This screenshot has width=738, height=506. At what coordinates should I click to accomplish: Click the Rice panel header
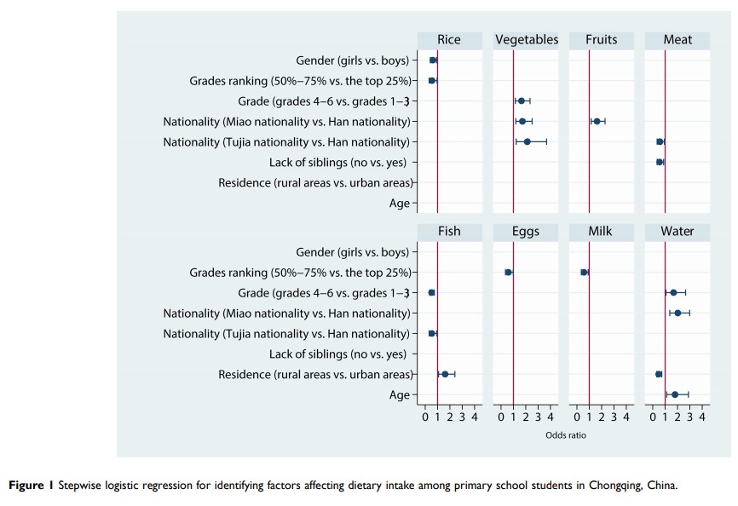(x=449, y=40)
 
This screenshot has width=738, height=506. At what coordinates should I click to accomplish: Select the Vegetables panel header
(x=526, y=40)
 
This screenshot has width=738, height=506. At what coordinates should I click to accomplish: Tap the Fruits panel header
(x=602, y=40)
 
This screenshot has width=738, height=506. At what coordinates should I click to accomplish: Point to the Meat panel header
(x=677, y=40)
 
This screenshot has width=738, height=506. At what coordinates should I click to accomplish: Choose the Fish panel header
(x=449, y=232)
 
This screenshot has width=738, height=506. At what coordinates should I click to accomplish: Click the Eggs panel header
(x=526, y=232)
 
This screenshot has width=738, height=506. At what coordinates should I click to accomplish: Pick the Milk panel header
(x=602, y=232)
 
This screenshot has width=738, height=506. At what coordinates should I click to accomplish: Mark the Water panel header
(x=677, y=232)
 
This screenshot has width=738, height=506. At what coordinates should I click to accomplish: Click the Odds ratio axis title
(x=566, y=435)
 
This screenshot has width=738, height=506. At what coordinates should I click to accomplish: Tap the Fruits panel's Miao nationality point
(x=597, y=122)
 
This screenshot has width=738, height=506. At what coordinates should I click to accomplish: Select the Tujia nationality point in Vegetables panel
(x=528, y=141)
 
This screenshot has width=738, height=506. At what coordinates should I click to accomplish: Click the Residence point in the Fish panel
(x=445, y=374)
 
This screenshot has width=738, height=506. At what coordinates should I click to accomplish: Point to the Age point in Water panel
(x=675, y=394)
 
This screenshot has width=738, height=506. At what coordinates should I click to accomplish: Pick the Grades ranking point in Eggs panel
(x=508, y=273)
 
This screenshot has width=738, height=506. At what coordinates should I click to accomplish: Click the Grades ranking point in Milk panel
(x=584, y=273)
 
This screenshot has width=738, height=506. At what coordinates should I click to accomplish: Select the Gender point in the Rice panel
(x=433, y=60)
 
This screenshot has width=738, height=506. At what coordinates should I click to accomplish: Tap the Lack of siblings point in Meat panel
(x=660, y=162)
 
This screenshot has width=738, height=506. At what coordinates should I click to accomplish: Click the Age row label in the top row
(x=400, y=203)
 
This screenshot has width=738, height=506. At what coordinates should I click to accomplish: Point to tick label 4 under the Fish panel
(x=475, y=417)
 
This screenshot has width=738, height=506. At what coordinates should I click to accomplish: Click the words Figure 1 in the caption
(x=31, y=485)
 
